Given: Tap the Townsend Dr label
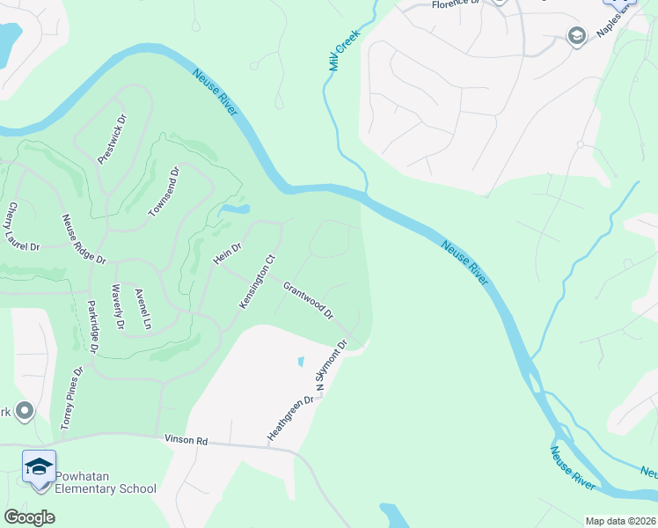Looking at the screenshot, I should tap(164, 193).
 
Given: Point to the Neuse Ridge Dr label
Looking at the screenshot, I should tap(84, 239).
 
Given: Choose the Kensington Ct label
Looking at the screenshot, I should tap(258, 282).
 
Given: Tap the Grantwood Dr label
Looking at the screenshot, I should tap(308, 300).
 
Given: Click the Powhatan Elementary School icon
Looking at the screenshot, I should tap(40, 466).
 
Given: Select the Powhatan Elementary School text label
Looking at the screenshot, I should tap(106, 482).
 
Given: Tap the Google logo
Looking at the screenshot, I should tap(29, 517).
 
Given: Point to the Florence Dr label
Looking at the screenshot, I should tap(454, 4).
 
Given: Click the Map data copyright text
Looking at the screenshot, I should tap(619, 521).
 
